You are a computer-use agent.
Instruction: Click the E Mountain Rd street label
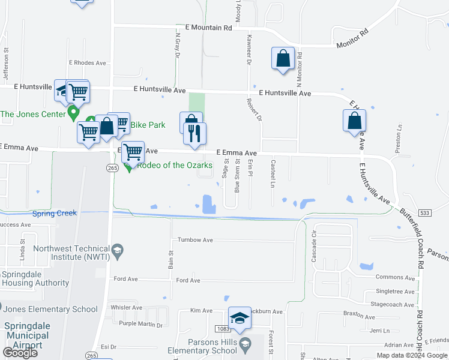pos(208,28)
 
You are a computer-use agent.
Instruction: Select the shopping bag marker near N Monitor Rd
pos(283,59)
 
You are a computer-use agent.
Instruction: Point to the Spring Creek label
pos(55,213)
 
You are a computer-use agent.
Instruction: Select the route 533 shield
pos(425,213)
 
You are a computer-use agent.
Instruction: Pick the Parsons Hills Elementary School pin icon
pos(245,344)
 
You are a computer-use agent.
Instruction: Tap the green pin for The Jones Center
pos(74,112)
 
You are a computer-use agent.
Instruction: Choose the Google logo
pos(20,353)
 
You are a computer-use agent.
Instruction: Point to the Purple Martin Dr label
pos(140,325)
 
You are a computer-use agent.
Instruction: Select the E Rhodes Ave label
pos(87,62)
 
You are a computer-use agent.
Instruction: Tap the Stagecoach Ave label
pos(393,304)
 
